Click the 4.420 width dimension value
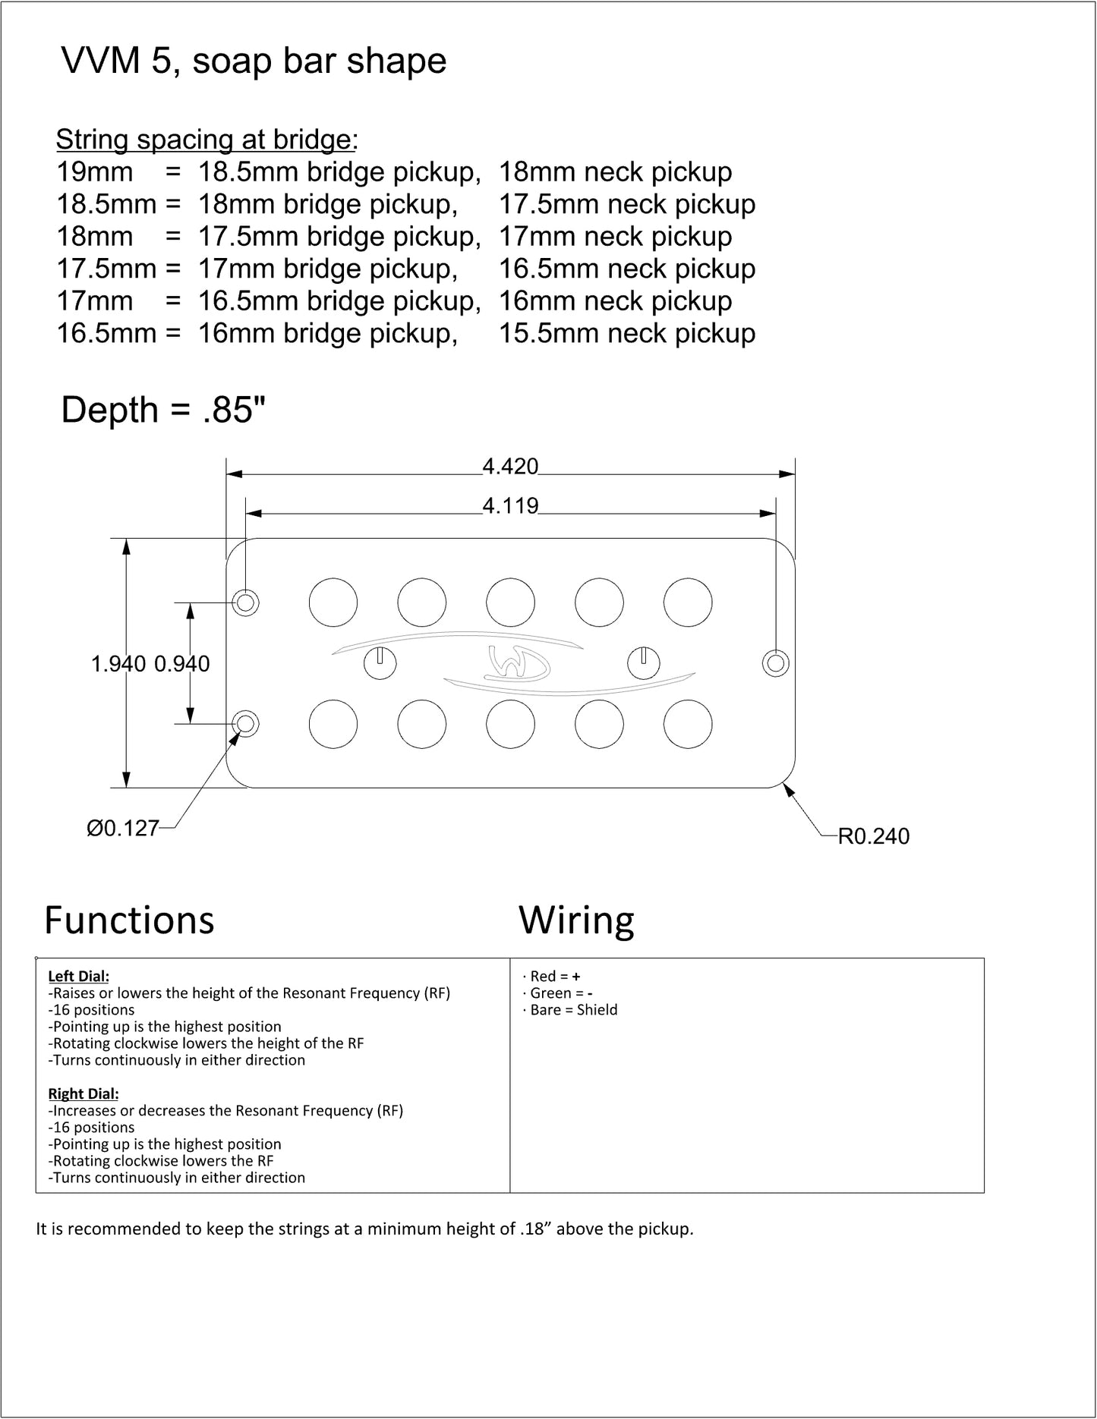pos(510,466)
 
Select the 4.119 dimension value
pos(510,505)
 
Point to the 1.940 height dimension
pos(118,664)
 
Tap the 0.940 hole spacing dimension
pos(182,664)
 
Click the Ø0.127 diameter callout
pos(122,828)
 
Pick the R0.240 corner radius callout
pos(873,836)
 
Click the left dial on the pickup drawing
pos(380,663)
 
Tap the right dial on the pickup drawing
pos(643,663)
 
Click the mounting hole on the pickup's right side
pos(776,663)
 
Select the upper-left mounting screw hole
pos(245,603)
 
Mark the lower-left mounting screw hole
pos(245,724)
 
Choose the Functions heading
pos(130,920)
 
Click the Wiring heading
pos(577,921)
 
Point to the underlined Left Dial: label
pos(79,977)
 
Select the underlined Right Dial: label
pos(84,1094)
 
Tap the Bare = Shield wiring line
pos(570,1010)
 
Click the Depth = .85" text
pos(163,410)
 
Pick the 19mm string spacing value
pos(95,172)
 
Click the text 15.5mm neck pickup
pos(627,334)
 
